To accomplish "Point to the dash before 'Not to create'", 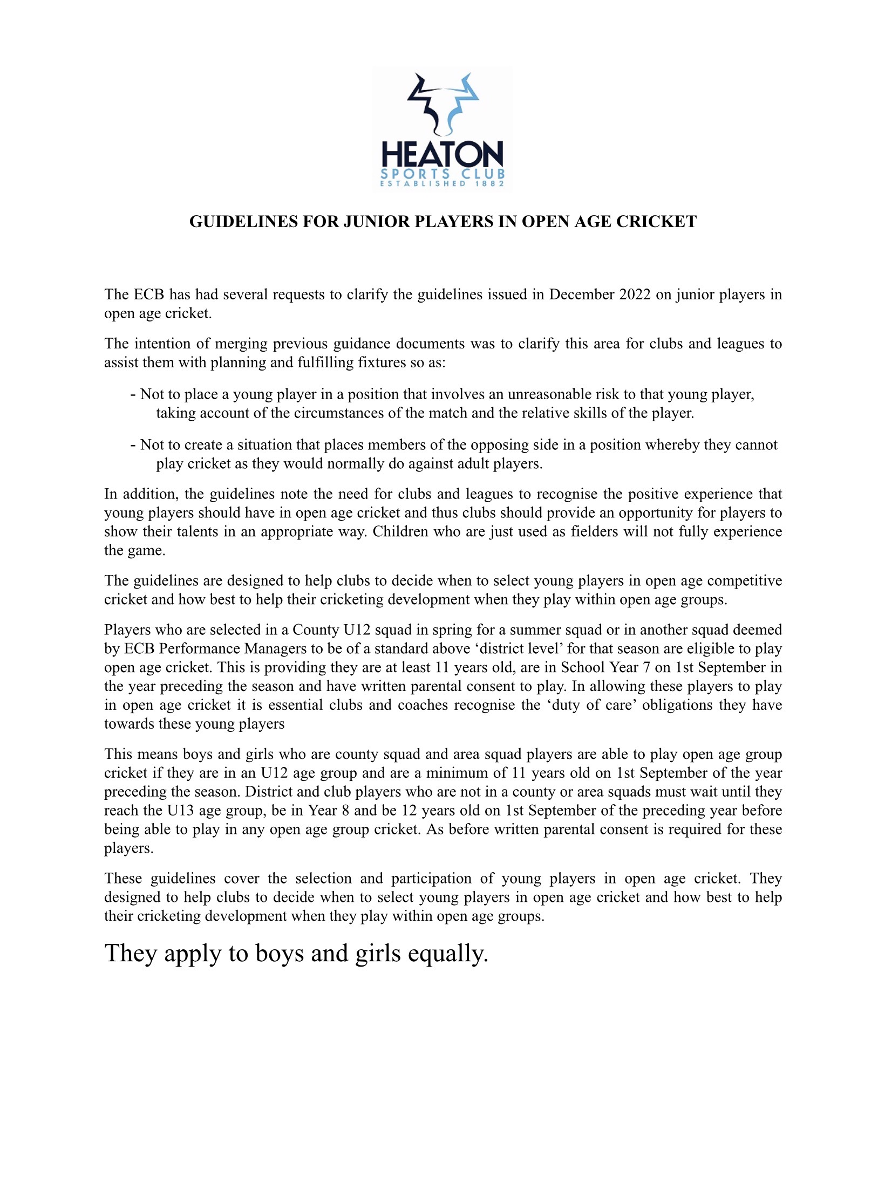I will (133, 445).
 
